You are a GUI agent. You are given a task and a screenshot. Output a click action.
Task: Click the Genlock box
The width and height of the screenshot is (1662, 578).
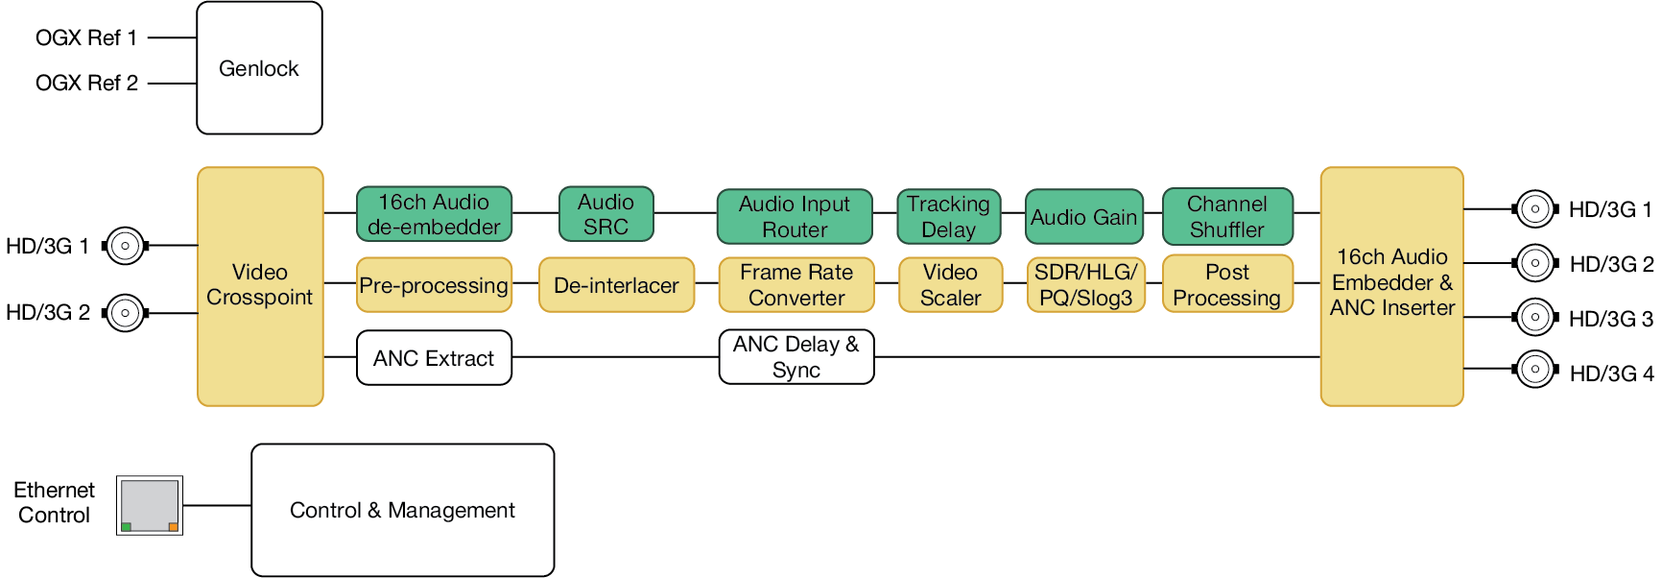[x=259, y=68]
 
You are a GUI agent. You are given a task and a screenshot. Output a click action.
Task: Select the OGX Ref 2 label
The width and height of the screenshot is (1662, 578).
[x=86, y=83]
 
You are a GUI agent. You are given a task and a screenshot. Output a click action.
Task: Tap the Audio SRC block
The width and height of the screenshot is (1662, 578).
[x=606, y=214]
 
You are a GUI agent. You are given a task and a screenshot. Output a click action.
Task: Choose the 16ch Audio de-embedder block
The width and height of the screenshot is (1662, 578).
[x=434, y=214]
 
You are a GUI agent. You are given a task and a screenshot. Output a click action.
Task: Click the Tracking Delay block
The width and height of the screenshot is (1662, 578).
[x=949, y=216]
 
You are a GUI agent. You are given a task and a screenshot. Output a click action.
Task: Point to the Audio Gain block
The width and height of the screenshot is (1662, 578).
[x=1084, y=216]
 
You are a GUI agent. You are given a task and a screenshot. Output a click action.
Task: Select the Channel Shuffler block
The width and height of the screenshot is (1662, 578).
[x=1227, y=216]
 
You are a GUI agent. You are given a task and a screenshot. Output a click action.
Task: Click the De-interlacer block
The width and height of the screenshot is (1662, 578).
[x=616, y=285]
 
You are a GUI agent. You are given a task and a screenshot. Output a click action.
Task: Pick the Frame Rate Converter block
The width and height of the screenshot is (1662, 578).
[x=796, y=285]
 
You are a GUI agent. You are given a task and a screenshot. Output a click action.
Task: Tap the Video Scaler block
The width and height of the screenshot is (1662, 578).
[x=951, y=285]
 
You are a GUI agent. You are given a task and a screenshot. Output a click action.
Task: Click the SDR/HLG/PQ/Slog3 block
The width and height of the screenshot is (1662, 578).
[x=1086, y=285]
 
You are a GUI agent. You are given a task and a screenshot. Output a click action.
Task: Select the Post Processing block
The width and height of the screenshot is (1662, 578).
[x=1227, y=284]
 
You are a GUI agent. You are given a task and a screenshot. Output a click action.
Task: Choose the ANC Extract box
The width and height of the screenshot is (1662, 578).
[x=434, y=358]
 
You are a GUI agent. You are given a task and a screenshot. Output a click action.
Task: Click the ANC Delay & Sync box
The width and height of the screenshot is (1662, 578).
[x=796, y=357]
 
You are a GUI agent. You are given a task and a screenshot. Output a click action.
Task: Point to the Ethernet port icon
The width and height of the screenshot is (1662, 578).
[x=150, y=505]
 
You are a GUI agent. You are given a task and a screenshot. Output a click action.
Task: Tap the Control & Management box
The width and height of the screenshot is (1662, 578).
[x=403, y=510]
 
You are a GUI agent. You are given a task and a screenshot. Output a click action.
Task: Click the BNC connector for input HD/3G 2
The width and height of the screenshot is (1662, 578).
[x=125, y=313]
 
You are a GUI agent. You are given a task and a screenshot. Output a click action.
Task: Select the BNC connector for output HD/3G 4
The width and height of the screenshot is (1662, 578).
[x=1535, y=370]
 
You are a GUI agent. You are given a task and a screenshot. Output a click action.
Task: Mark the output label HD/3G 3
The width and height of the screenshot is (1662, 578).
[x=1611, y=319]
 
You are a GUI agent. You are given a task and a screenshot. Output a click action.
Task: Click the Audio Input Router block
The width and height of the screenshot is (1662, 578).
[x=795, y=216]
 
